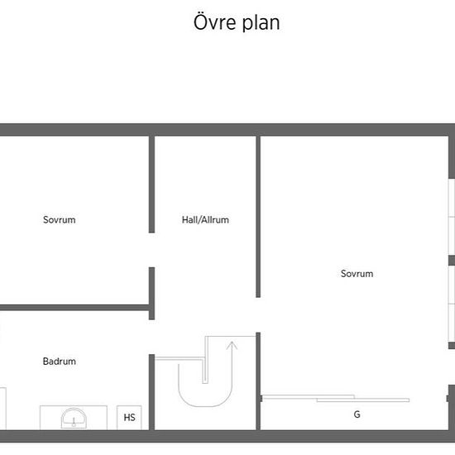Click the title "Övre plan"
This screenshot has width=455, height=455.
coord(237,22)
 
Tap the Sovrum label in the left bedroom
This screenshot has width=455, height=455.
coord(60,220)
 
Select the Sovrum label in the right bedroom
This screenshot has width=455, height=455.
coord(357,274)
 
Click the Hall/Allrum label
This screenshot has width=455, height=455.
coord(205,220)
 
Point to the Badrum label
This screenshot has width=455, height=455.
coord(60,362)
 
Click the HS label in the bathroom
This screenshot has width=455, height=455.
coord(129,418)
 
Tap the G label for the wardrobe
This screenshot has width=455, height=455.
coord(357,414)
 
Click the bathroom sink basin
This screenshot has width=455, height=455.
coord(74,418)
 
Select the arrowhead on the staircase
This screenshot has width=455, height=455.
coord(232,345)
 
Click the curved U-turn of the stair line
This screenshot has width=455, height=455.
coord(205,406)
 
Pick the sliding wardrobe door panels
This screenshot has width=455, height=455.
coord(335,399)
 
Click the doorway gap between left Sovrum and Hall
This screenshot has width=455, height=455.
coord(151,250)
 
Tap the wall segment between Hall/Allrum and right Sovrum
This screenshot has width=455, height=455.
coord(258,217)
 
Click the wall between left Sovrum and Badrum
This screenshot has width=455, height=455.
coord(74,308)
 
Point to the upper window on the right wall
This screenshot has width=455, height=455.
coord(452,217)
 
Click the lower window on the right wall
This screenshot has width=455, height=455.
coord(452,304)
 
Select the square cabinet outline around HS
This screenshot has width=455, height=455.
coord(129,418)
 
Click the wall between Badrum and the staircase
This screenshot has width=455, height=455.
coord(151,392)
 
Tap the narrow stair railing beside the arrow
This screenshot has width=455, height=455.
coord(205,360)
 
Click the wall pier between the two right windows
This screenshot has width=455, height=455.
coord(452,261)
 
